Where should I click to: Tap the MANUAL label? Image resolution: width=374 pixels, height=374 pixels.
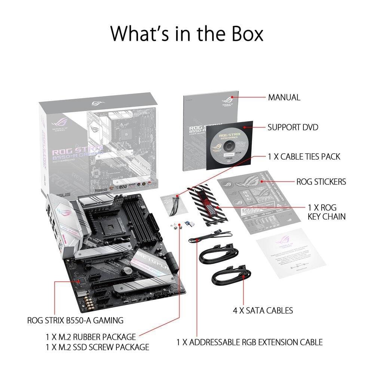coord(284,98)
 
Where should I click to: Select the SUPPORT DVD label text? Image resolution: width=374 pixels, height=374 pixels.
coord(293,128)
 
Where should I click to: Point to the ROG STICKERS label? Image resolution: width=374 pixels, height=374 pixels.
coord(321,182)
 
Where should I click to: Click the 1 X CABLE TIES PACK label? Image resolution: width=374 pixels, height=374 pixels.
coord(304,156)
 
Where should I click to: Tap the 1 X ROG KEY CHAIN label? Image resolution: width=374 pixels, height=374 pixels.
coord(327,212)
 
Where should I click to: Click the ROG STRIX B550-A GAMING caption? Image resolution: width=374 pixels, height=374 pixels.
coord(75,321)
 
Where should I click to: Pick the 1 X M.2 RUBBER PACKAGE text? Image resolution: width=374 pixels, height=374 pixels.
coord(91,337)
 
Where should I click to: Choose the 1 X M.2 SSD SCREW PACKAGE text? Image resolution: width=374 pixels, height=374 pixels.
coord(97,347)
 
